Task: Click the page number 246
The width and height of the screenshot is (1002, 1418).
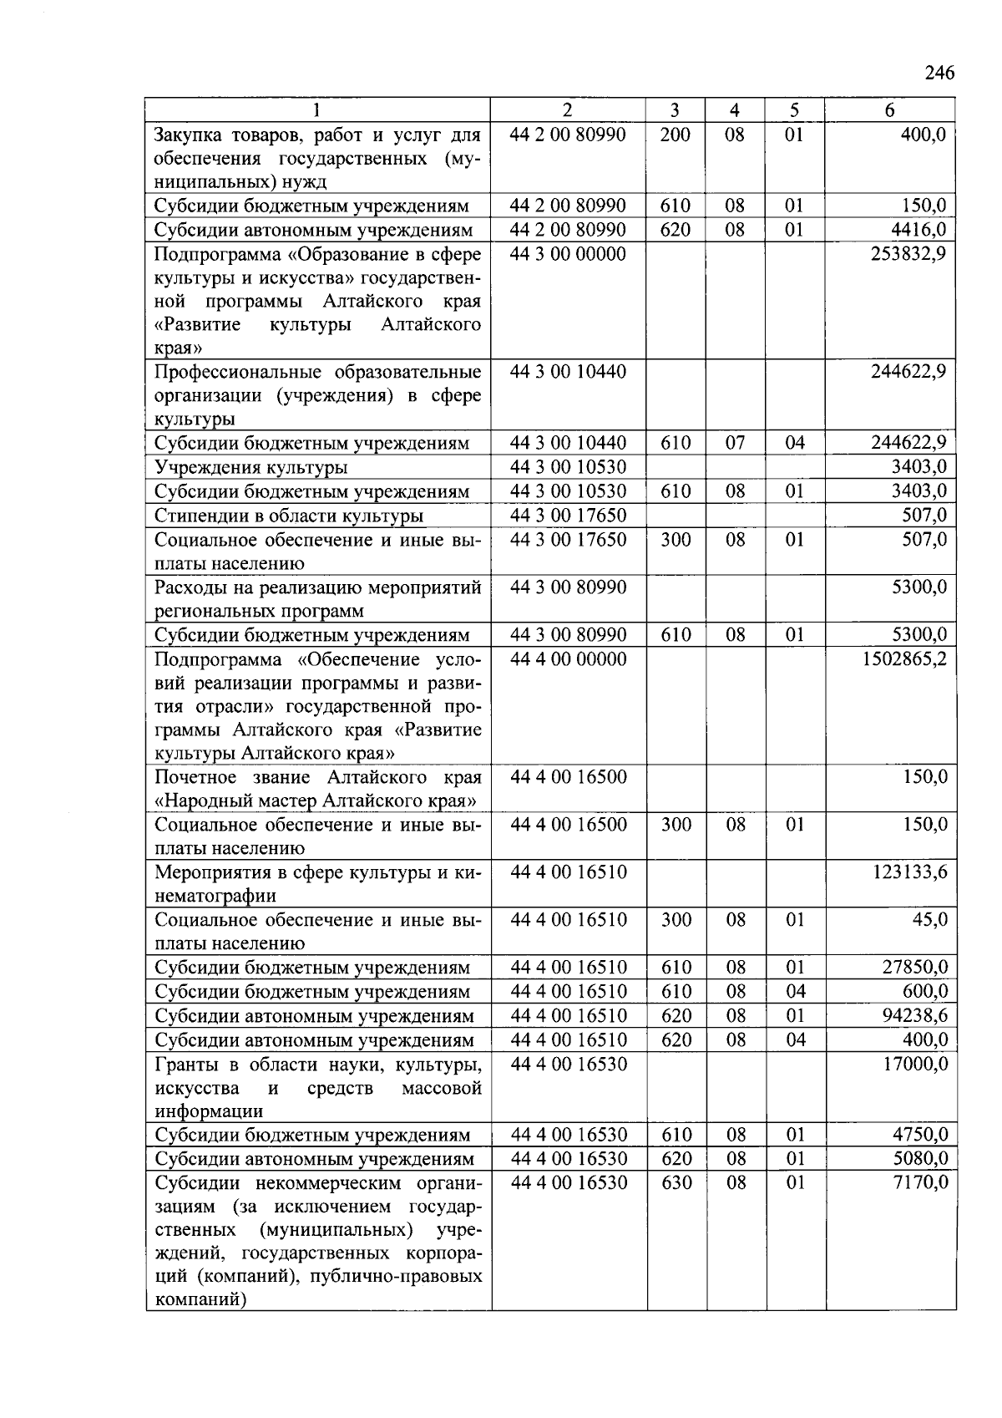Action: tap(939, 73)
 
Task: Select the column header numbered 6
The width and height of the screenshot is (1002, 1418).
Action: tap(889, 110)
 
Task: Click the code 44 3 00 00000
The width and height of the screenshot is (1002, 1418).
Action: tap(568, 254)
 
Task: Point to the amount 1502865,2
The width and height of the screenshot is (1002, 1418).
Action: tap(904, 659)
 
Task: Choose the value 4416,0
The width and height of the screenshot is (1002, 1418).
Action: tap(918, 230)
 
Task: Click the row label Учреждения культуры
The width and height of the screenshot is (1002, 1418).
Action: tap(250, 468)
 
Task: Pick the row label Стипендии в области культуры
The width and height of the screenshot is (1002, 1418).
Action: tap(288, 516)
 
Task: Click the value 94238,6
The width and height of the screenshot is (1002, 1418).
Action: tap(914, 1016)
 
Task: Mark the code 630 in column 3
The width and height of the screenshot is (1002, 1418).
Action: tap(676, 1182)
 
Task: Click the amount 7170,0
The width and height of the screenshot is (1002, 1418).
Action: tap(921, 1182)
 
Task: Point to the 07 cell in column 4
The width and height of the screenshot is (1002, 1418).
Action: tap(735, 443)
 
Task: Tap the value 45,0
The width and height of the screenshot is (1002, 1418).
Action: tap(929, 920)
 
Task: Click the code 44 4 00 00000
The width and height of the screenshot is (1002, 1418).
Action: tap(568, 659)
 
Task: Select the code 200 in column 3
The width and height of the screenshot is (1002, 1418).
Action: tap(675, 135)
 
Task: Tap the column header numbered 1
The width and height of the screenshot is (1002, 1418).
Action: tap(316, 110)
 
